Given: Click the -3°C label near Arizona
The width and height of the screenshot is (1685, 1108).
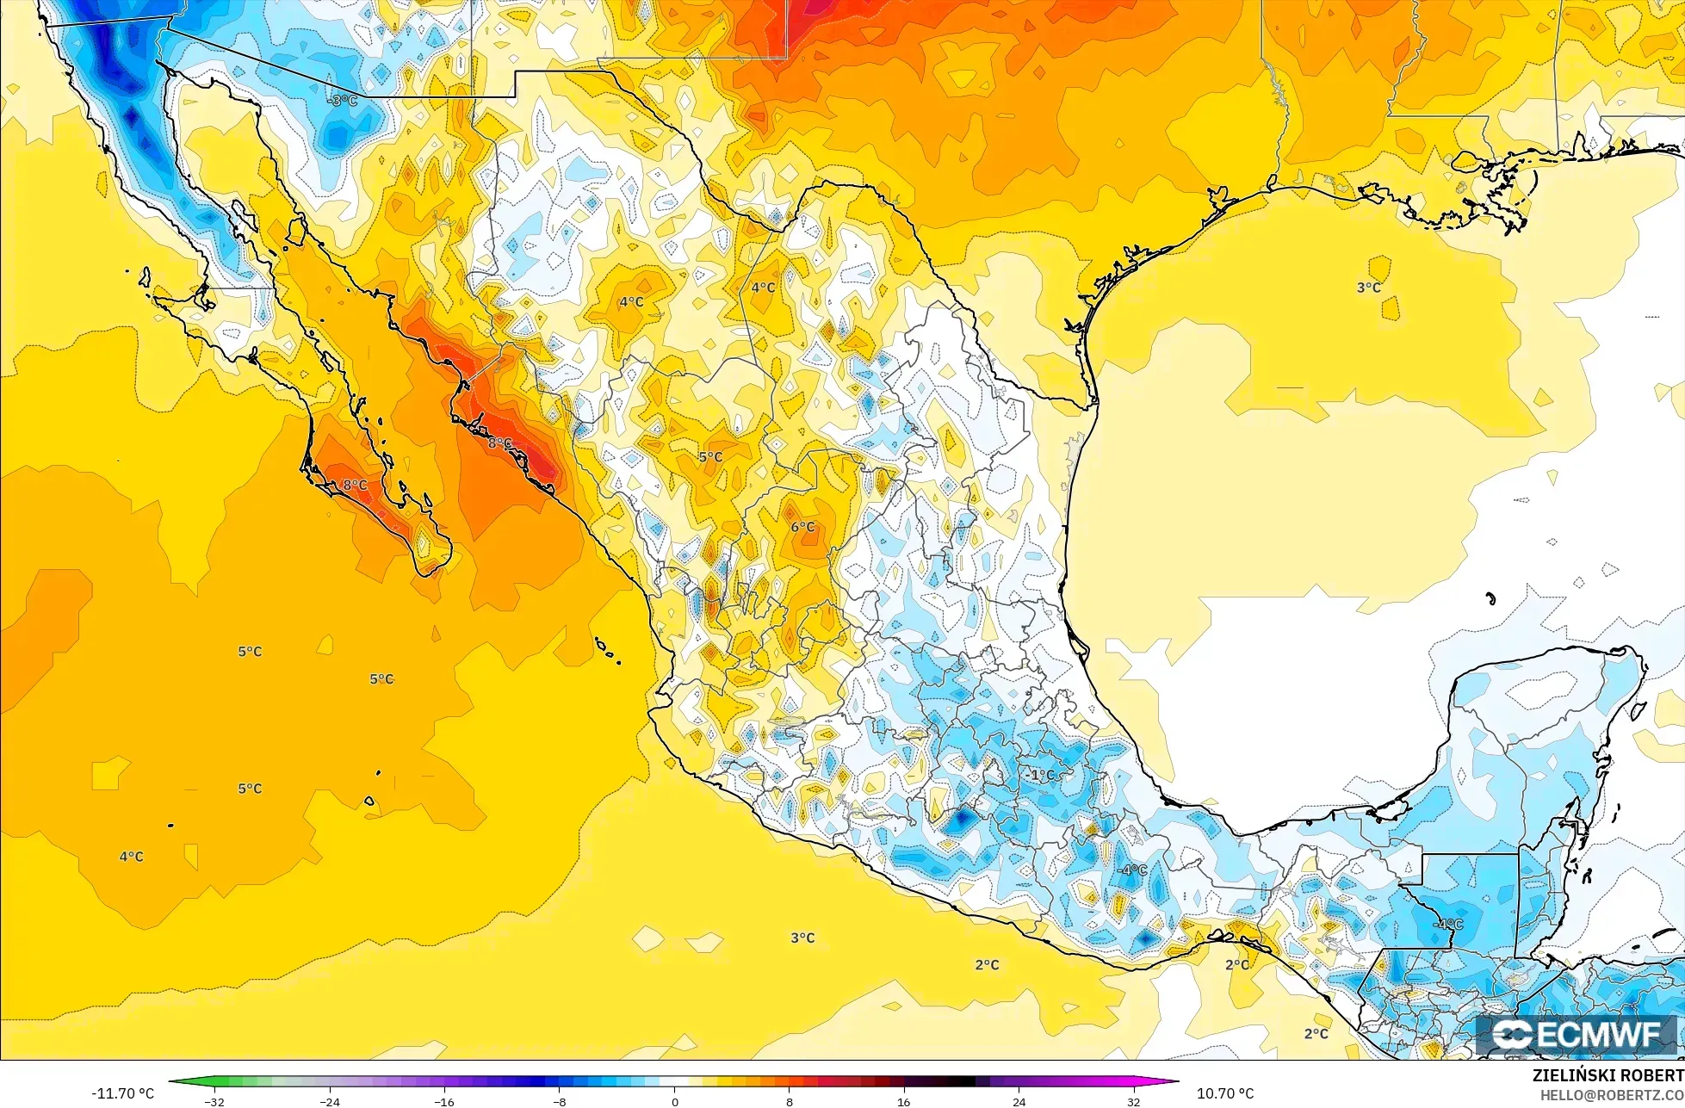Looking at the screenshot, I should (343, 101).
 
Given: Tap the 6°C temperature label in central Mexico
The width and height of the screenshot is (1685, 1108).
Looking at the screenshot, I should (802, 527).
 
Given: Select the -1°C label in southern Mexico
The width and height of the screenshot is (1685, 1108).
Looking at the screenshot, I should (1041, 775).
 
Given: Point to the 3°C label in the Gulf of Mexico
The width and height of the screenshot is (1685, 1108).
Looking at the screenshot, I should (1369, 288).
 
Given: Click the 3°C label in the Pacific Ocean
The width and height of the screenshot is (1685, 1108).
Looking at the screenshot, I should (802, 938).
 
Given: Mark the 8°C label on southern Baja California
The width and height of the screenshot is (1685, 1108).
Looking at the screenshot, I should (355, 486).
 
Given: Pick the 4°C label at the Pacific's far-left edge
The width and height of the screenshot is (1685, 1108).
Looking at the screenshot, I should (131, 857).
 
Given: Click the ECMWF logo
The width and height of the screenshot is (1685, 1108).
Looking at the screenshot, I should (1577, 1036).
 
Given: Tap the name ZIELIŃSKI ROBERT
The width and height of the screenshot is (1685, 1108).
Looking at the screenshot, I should (1608, 1075).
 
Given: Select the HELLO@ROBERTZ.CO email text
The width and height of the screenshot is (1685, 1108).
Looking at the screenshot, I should (1612, 1095).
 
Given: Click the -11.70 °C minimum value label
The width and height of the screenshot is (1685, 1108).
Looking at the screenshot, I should (122, 1093).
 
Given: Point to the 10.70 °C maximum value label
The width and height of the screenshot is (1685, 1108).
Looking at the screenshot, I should (1225, 1093).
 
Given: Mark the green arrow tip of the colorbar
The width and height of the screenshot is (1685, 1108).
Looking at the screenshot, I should (172, 1081).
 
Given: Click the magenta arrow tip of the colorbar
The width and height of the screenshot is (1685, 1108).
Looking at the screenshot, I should (1175, 1081).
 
